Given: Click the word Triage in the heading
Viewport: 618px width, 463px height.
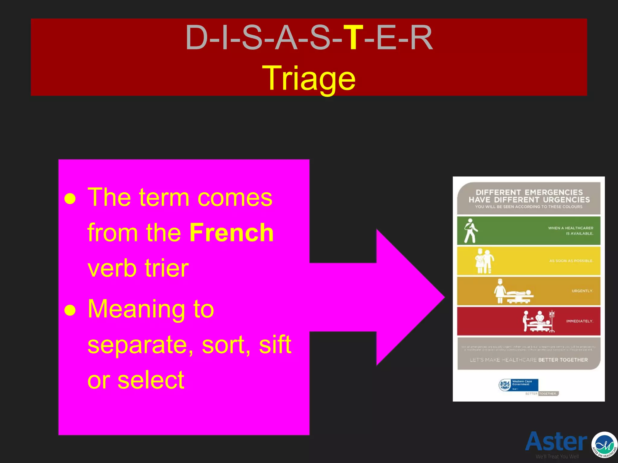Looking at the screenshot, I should [x=309, y=78].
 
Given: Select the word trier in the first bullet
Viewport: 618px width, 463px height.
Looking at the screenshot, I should [x=167, y=268].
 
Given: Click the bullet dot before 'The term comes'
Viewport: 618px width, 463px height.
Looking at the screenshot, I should [x=70, y=199].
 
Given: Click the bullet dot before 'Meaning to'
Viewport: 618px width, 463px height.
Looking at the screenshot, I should [x=70, y=310].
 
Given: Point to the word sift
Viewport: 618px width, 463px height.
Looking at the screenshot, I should [x=275, y=345].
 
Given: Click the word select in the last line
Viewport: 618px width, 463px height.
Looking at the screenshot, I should [x=151, y=380].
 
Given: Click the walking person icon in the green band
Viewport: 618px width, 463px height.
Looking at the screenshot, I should [x=470, y=231].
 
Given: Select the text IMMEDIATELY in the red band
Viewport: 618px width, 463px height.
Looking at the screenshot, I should [x=579, y=321].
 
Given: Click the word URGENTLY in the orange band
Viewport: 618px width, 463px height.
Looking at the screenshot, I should [x=582, y=291].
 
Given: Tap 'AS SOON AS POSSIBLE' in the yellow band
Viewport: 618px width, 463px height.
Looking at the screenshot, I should [x=571, y=261].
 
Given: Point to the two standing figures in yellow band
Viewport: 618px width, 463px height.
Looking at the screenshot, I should [x=484, y=261].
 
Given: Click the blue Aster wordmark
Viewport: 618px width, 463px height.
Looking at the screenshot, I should [x=556, y=441].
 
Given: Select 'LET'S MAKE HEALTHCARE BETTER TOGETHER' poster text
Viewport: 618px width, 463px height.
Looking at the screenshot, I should [x=529, y=360].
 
